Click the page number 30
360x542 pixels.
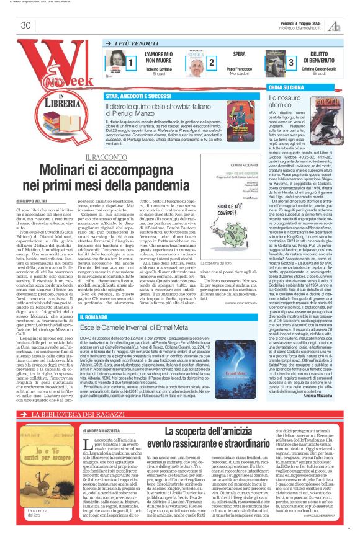25,25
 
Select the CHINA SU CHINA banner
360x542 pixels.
289,89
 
